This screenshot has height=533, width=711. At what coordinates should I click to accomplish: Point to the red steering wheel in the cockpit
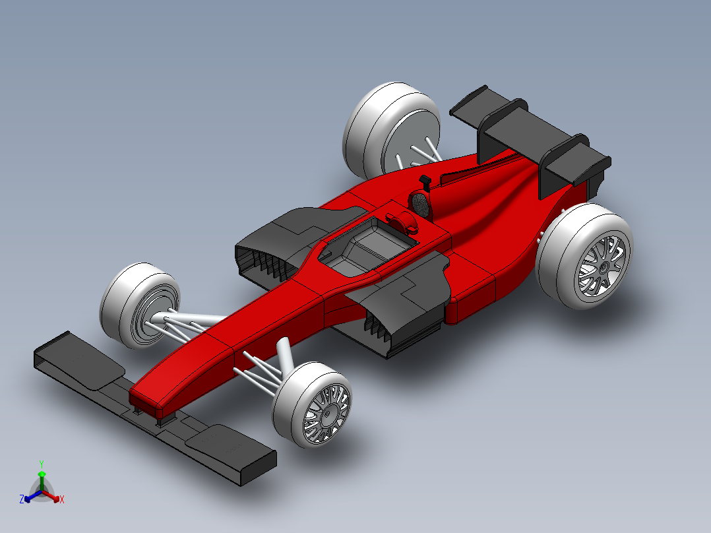coord(403,220)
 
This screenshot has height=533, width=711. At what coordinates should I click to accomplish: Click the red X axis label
coord(62,500)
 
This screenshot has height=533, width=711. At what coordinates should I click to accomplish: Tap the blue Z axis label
coord(22,500)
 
